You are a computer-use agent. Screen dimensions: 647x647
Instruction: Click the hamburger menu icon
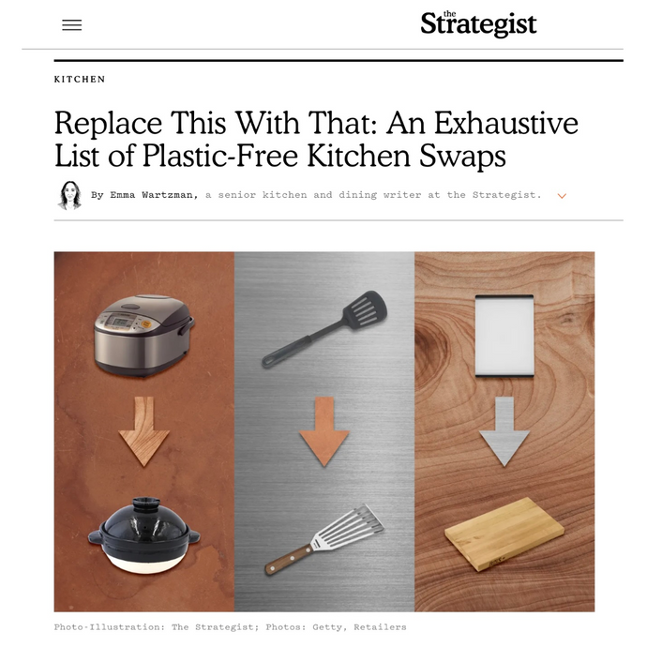72,25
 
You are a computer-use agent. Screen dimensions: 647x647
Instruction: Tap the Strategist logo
478,23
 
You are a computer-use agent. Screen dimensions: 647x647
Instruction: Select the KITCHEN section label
80,80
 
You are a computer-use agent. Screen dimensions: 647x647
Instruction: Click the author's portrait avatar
69,195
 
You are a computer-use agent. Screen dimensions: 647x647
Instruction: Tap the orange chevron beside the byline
562,196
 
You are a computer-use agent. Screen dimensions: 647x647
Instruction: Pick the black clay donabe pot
143,536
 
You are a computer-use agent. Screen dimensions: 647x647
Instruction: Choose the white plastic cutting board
504,335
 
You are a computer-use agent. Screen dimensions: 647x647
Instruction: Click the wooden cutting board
504,540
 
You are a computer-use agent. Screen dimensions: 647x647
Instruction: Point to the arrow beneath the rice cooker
143,434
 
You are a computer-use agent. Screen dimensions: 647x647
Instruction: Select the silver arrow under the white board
504,431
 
